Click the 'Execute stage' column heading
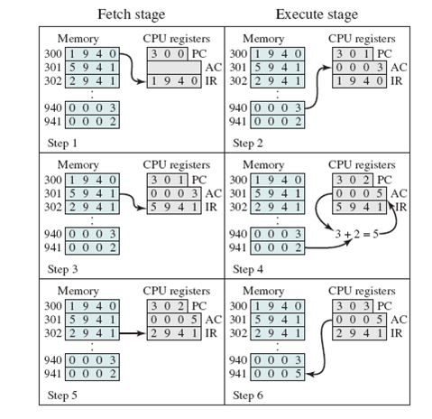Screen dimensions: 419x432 317,14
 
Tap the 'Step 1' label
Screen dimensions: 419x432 64,143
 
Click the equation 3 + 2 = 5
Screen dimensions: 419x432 354,234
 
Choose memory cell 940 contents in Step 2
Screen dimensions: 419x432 279,106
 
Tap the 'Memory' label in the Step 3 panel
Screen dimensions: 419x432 78,165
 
